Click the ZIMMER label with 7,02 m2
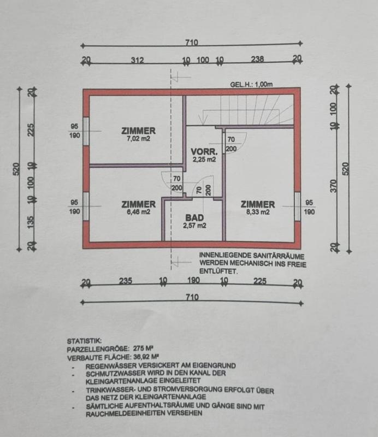click(x=138, y=131)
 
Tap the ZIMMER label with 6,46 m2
click(x=138, y=204)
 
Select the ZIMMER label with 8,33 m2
click(x=258, y=204)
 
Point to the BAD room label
click(x=194, y=217)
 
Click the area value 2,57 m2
click(x=194, y=225)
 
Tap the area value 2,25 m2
click(x=204, y=160)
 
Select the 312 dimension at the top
click(x=137, y=60)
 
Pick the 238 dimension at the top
click(x=258, y=60)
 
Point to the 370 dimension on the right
click(x=334, y=186)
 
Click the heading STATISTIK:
click(x=84, y=340)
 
